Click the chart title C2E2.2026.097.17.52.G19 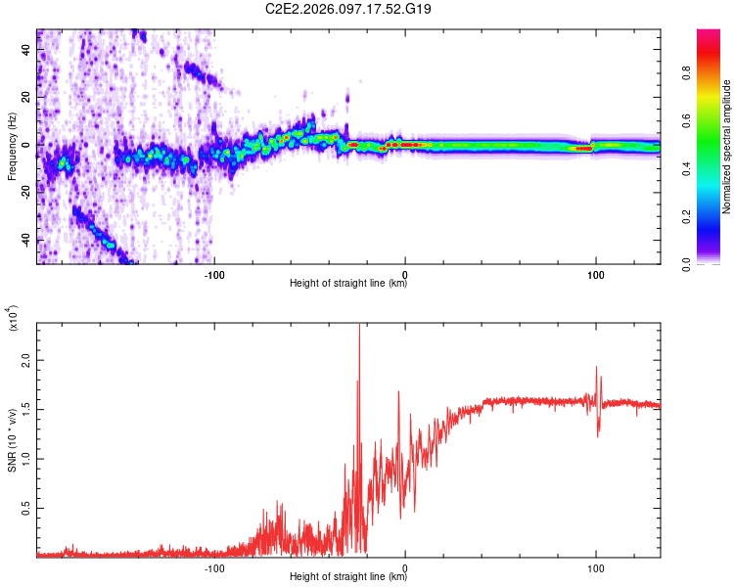coord(348,9)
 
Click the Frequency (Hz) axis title coord(12,147)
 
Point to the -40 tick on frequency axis coord(25,240)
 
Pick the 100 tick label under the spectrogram coord(595,274)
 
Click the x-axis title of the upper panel coord(348,284)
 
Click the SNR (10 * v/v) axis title coord(12,440)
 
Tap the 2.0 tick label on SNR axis coord(25,361)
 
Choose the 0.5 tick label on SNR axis coord(25,509)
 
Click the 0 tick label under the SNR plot coord(405,567)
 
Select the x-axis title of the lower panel coord(348,577)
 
